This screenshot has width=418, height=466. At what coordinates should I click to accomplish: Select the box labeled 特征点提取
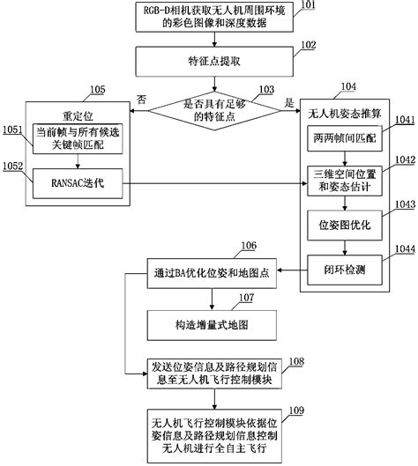coord(213,63)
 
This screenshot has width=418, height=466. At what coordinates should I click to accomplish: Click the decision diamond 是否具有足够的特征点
coord(213,108)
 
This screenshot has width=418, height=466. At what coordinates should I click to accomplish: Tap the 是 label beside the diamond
coord(288,101)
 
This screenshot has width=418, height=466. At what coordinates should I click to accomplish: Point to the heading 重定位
coord(75,116)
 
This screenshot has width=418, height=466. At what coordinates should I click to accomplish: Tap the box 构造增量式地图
coord(213,324)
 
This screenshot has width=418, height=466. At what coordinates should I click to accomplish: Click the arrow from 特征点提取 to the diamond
coord(213,83)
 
